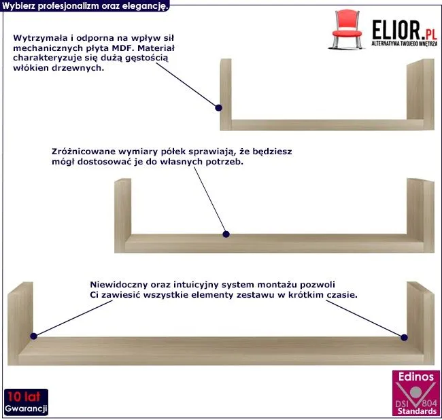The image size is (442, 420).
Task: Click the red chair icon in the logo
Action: [x=347, y=29]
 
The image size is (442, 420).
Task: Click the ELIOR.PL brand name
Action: [x=405, y=30]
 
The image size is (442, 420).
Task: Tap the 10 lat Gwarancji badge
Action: [x=26, y=402]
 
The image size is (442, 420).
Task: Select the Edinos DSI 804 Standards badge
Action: [x=416, y=393]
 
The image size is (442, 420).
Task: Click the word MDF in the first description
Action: [x=123, y=48]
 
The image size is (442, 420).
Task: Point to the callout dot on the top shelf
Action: [x=218, y=107]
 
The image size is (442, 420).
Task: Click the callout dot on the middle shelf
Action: [x=226, y=234]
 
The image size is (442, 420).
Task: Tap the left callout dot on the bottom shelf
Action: [x=33, y=336]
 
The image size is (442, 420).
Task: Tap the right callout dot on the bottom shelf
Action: [x=404, y=337]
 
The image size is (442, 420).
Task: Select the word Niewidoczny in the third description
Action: [x=118, y=285]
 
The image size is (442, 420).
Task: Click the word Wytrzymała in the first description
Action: [x=40, y=38]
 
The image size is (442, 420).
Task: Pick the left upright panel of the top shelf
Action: [x=226, y=94]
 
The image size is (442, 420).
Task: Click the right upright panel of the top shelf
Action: [x=420, y=94]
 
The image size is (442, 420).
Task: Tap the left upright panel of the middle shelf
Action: [x=122, y=215]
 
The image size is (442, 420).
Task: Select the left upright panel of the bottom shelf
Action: [x=20, y=323]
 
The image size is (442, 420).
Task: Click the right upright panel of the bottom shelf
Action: [x=420, y=323]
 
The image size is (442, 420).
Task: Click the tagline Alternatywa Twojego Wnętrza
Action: [x=404, y=43]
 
